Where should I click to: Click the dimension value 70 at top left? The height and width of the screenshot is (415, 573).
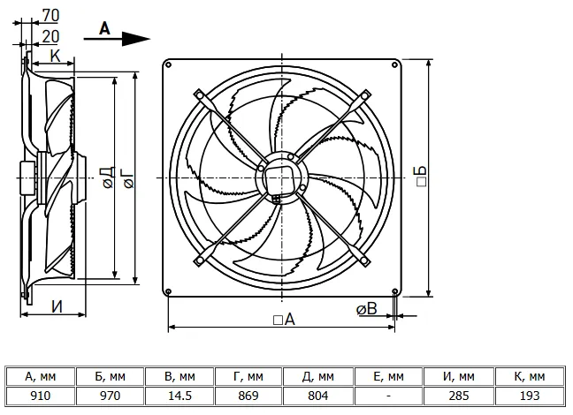point(50,15)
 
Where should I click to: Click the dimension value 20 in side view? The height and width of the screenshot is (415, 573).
point(50,36)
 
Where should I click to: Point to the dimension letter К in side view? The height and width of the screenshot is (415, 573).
point(55,57)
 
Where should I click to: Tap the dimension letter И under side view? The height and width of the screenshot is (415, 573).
point(57,307)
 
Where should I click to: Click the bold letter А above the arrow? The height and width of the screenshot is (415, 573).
point(104,28)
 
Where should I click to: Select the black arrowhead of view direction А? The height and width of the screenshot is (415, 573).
point(135,39)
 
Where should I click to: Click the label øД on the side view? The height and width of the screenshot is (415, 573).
point(109,177)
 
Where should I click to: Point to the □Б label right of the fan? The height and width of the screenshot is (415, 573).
point(421,177)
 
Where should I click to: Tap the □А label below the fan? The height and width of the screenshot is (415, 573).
point(284,320)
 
